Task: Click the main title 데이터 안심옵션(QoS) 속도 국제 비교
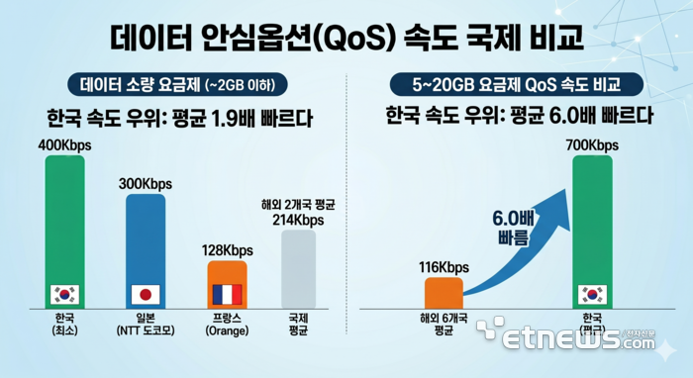coord(346,39)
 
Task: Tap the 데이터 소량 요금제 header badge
coord(177,84)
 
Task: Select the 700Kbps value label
coord(591,145)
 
